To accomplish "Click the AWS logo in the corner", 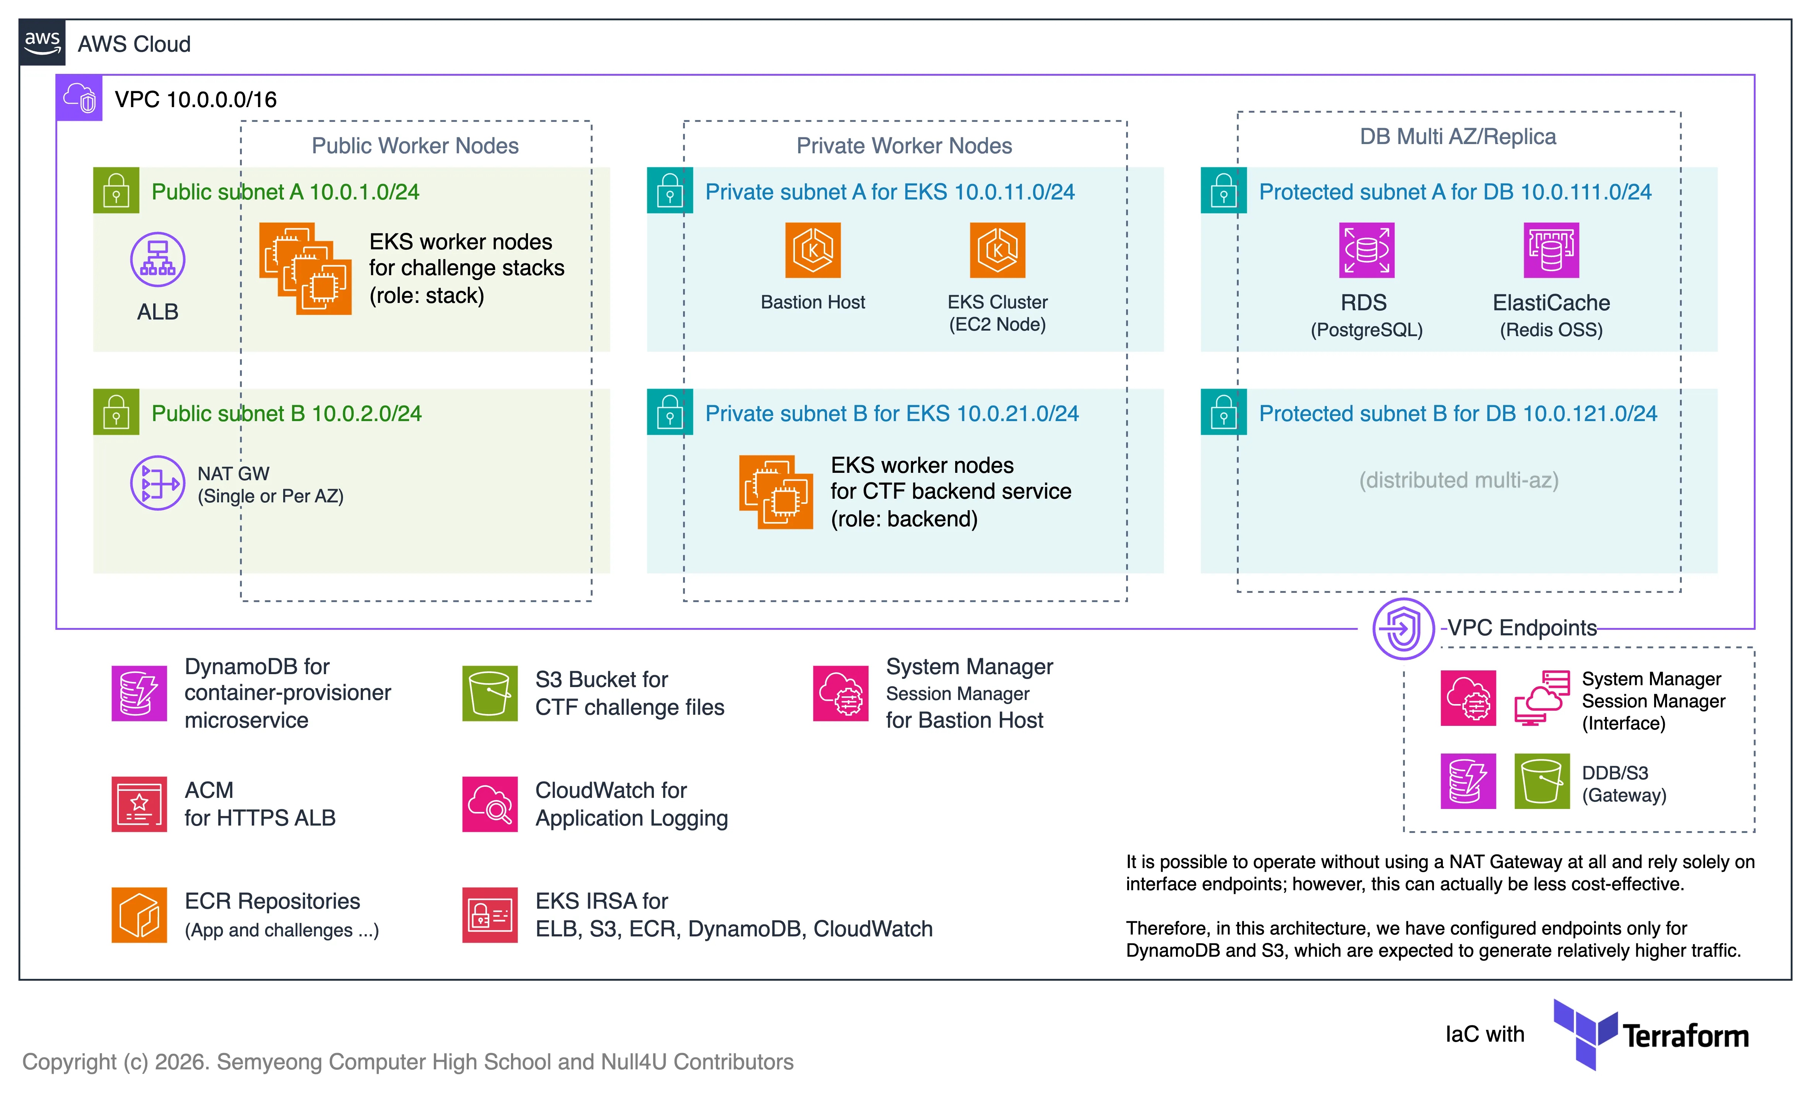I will (42, 42).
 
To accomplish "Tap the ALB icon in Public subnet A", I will (157, 259).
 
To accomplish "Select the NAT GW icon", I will (157, 483).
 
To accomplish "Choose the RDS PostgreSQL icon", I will (1366, 251).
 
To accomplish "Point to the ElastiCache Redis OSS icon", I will (1551, 251).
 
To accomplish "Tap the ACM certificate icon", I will (139, 804).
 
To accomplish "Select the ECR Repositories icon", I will (139, 915).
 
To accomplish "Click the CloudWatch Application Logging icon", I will (490, 804).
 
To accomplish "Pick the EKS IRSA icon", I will (490, 915).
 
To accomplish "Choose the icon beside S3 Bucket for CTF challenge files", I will (490, 693).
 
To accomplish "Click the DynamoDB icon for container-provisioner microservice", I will (139, 693).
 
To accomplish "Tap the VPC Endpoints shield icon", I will (1403, 629).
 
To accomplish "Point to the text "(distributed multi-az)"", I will (1458, 480).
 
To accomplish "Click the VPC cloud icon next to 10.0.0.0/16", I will (79, 98).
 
